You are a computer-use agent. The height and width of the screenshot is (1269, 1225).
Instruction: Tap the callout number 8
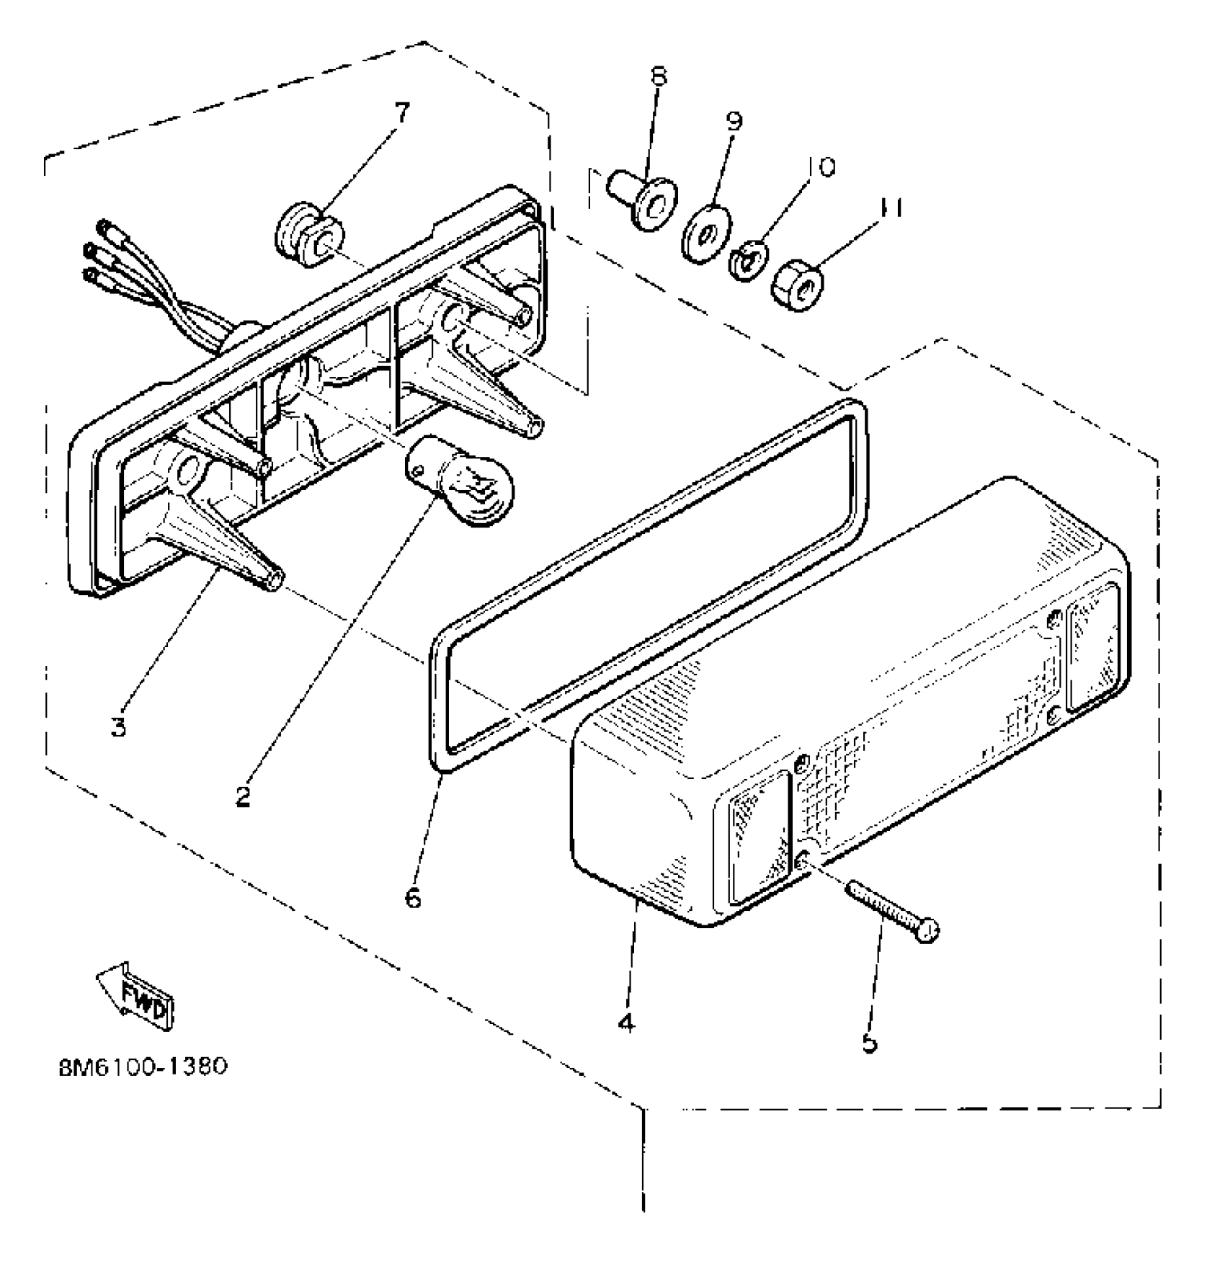tap(659, 76)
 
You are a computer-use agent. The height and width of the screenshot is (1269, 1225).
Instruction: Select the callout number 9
tap(734, 120)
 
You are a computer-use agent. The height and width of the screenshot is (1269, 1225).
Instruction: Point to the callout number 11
tap(891, 208)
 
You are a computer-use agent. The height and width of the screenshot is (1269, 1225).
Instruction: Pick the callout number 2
tap(243, 796)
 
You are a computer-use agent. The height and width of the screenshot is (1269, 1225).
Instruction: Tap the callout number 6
tap(413, 899)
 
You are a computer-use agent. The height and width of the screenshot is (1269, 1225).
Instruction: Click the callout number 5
tap(870, 1043)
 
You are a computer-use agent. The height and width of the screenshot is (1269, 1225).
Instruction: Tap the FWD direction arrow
tap(137, 991)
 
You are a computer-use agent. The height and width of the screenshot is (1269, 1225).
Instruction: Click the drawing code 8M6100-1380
tap(143, 1066)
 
